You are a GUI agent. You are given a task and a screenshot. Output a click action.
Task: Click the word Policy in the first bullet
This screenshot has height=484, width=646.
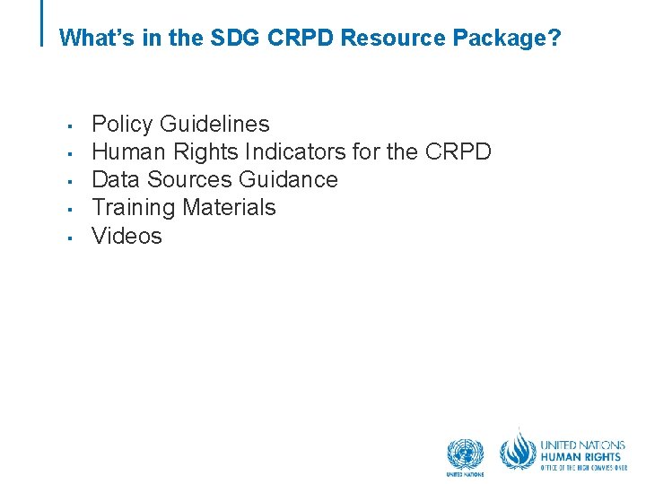(123, 124)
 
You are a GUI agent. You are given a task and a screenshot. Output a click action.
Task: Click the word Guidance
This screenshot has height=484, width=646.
(289, 179)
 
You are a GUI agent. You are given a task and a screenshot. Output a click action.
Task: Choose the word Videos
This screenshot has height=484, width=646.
(127, 236)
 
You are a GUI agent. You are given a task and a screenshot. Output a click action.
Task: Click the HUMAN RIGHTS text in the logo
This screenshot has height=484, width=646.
(580, 456)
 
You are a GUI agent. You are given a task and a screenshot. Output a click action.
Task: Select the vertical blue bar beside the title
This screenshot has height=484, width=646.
(43, 22)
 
